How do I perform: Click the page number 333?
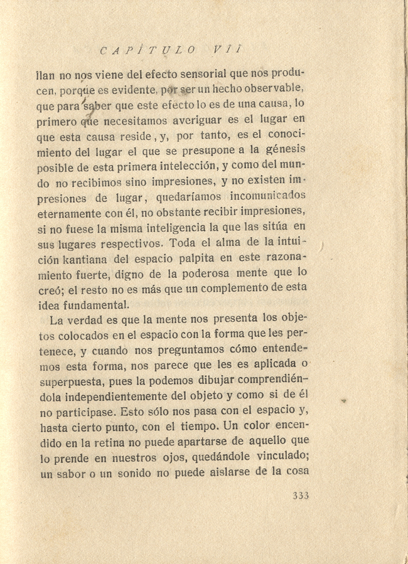pos(301,496)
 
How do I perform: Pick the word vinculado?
pos(276,457)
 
